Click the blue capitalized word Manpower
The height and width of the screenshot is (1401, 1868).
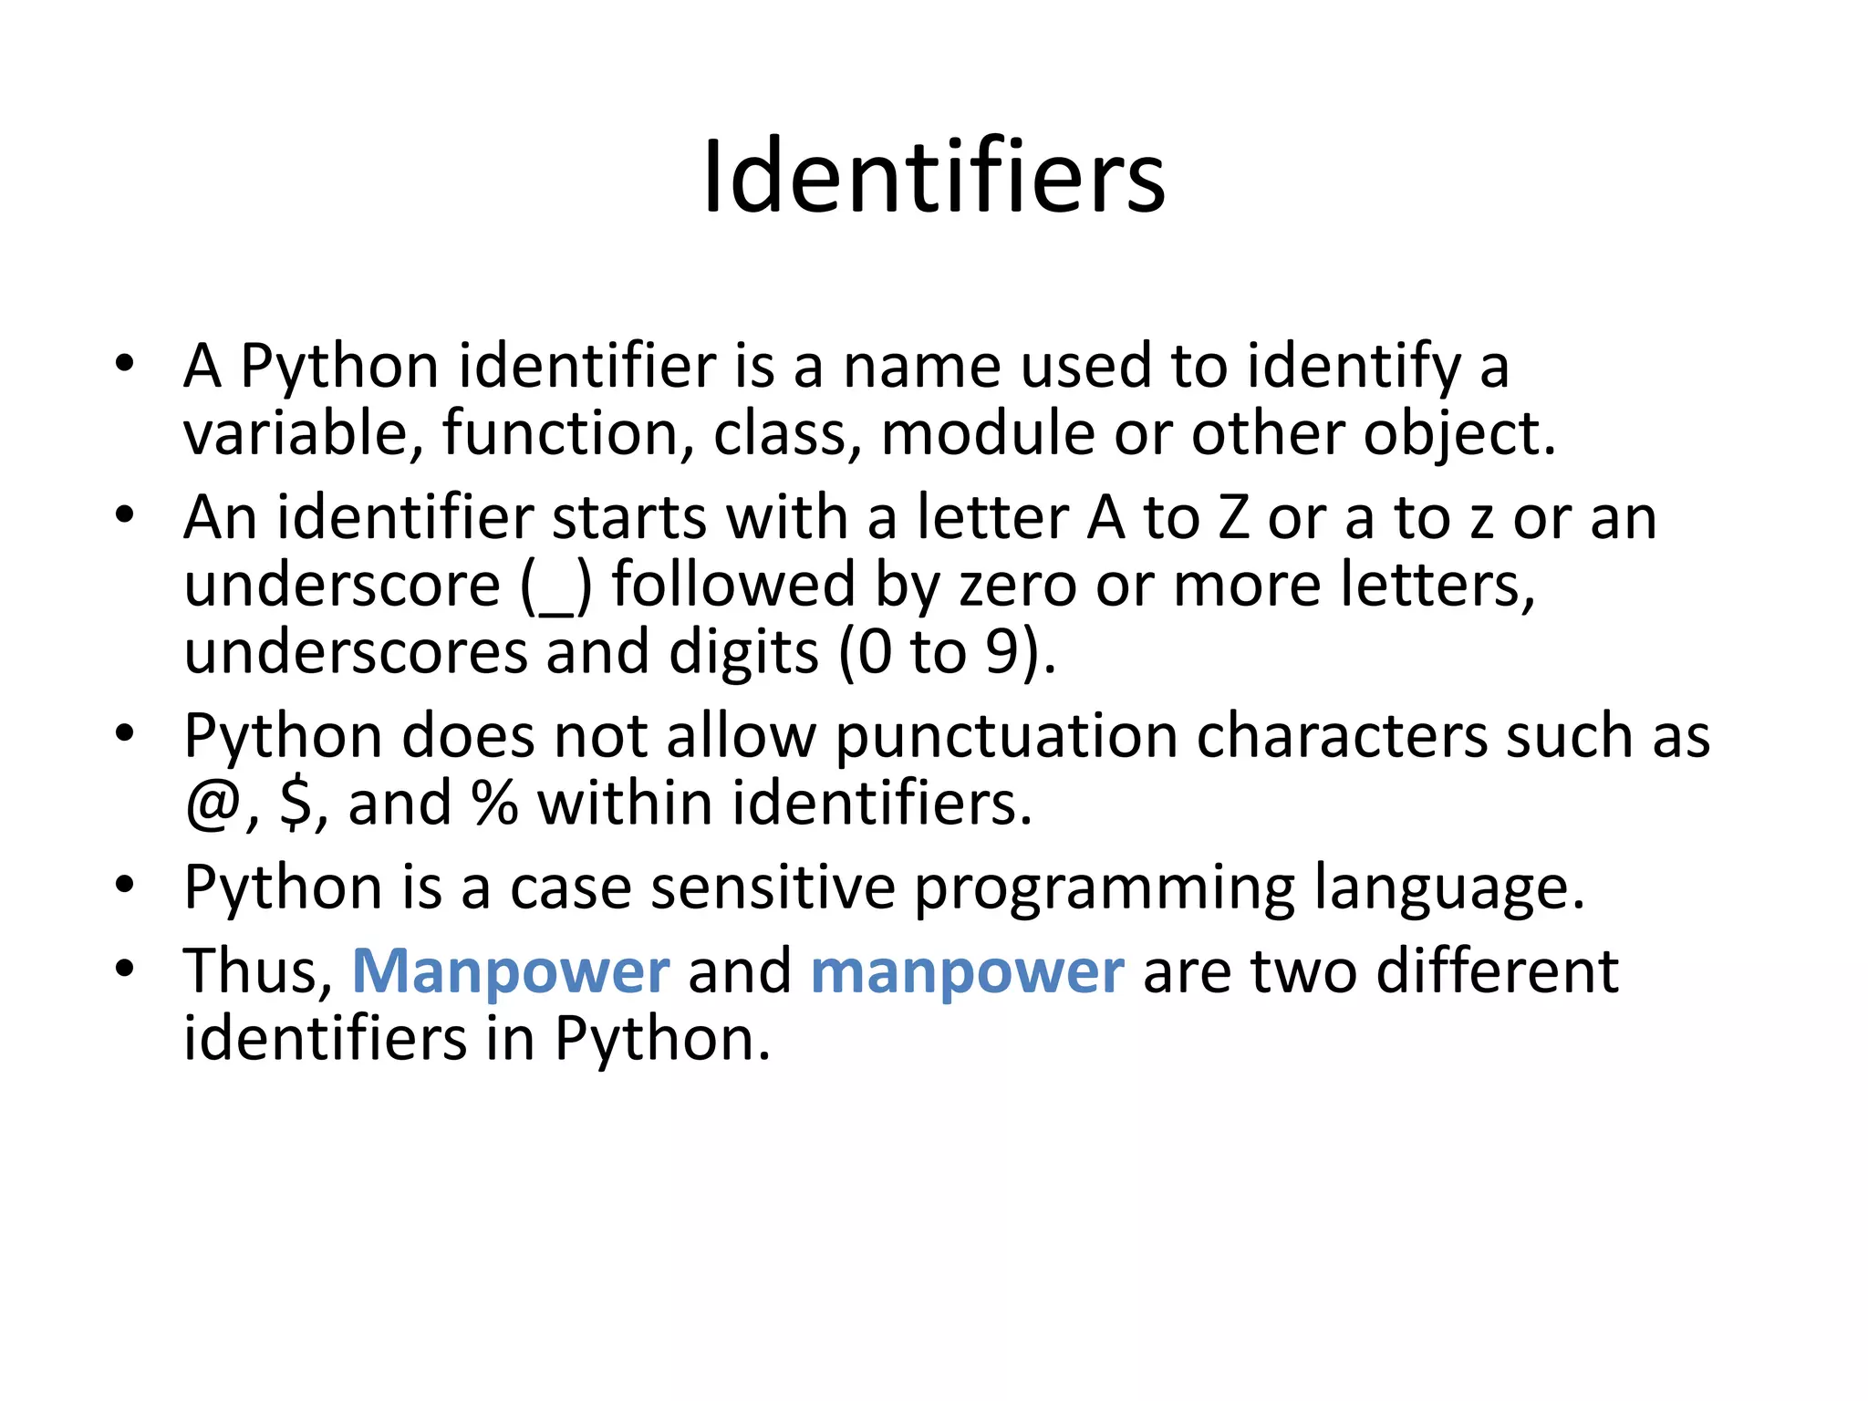tap(511, 970)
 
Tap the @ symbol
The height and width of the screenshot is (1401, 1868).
tap(213, 805)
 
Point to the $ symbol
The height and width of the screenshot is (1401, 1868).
tap(296, 804)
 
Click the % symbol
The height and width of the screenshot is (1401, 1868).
tap(494, 804)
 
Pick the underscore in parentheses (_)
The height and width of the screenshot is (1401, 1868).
tap(557, 588)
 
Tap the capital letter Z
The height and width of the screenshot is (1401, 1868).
tap(1232, 518)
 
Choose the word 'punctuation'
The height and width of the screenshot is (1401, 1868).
tap(1006, 737)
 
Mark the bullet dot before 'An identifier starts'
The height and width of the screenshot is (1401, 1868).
tap(125, 515)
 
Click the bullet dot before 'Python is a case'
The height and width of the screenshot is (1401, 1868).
tap(125, 885)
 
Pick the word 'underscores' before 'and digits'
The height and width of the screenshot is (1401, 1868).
tap(356, 652)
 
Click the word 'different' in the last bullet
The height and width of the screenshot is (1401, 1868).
tap(1497, 970)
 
